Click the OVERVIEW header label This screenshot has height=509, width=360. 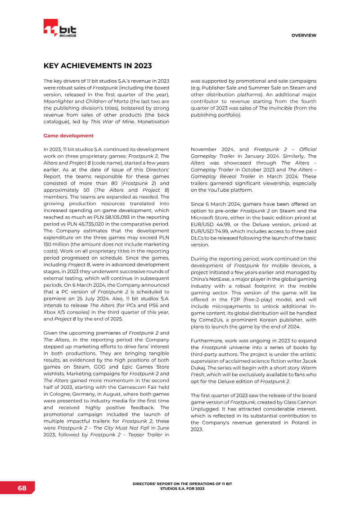[304, 35]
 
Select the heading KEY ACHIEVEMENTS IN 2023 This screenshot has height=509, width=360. [97, 66]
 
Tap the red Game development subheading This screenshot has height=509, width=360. [68, 135]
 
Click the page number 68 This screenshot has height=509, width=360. [22, 488]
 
